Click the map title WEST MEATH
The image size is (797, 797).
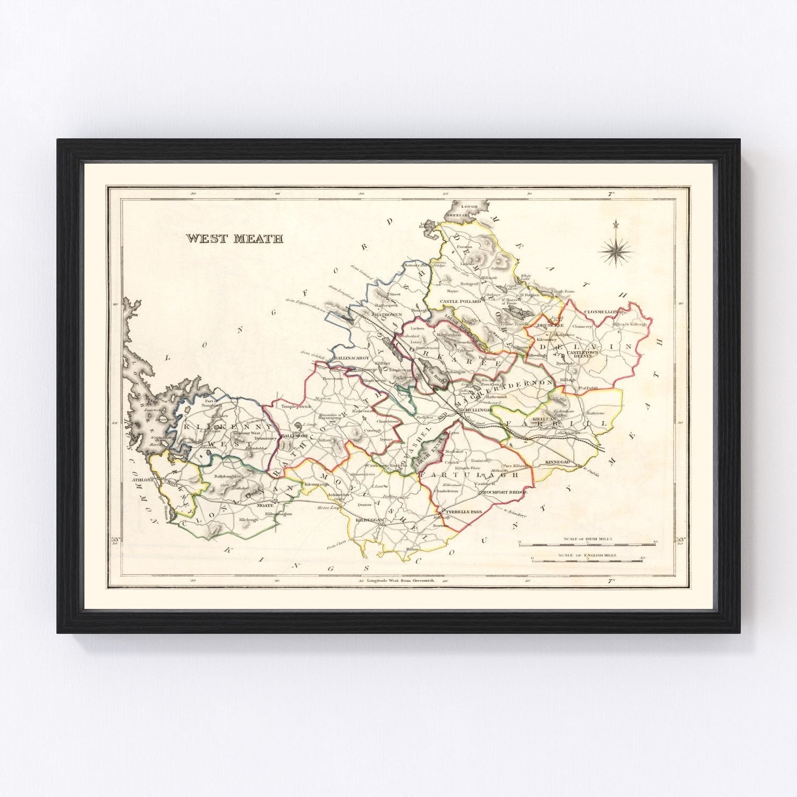234,239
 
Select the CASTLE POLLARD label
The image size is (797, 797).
461,301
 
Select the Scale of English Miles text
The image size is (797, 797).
588,555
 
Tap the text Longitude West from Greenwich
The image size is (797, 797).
400,581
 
